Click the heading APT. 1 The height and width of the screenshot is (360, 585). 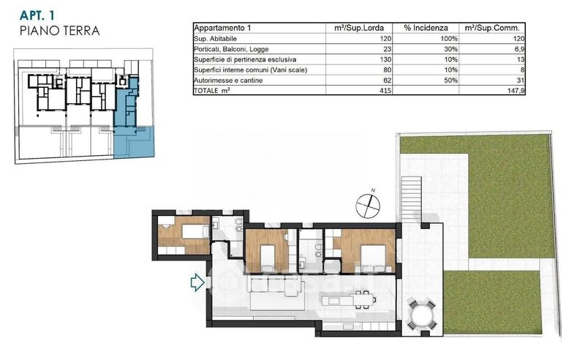click(x=37, y=15)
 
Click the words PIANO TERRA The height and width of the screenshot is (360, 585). click(x=60, y=31)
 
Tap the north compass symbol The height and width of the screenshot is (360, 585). click(x=368, y=206)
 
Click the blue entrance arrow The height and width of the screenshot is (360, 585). click(x=197, y=282)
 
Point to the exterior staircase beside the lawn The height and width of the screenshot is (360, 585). click(x=411, y=200)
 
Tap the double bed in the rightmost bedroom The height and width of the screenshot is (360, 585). click(x=373, y=258)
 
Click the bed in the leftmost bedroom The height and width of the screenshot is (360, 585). click(x=195, y=231)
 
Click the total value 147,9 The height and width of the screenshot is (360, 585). click(x=516, y=91)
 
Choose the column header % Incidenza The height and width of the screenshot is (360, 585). click(x=426, y=28)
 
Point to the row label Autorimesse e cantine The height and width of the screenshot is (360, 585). click(x=228, y=80)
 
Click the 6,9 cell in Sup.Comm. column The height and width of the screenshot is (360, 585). click(x=519, y=49)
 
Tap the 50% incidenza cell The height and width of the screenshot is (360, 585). click(x=450, y=80)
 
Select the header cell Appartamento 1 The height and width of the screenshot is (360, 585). click(x=223, y=28)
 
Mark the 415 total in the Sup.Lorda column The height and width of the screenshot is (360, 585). click(x=385, y=91)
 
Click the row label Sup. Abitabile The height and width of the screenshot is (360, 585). click(x=215, y=39)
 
